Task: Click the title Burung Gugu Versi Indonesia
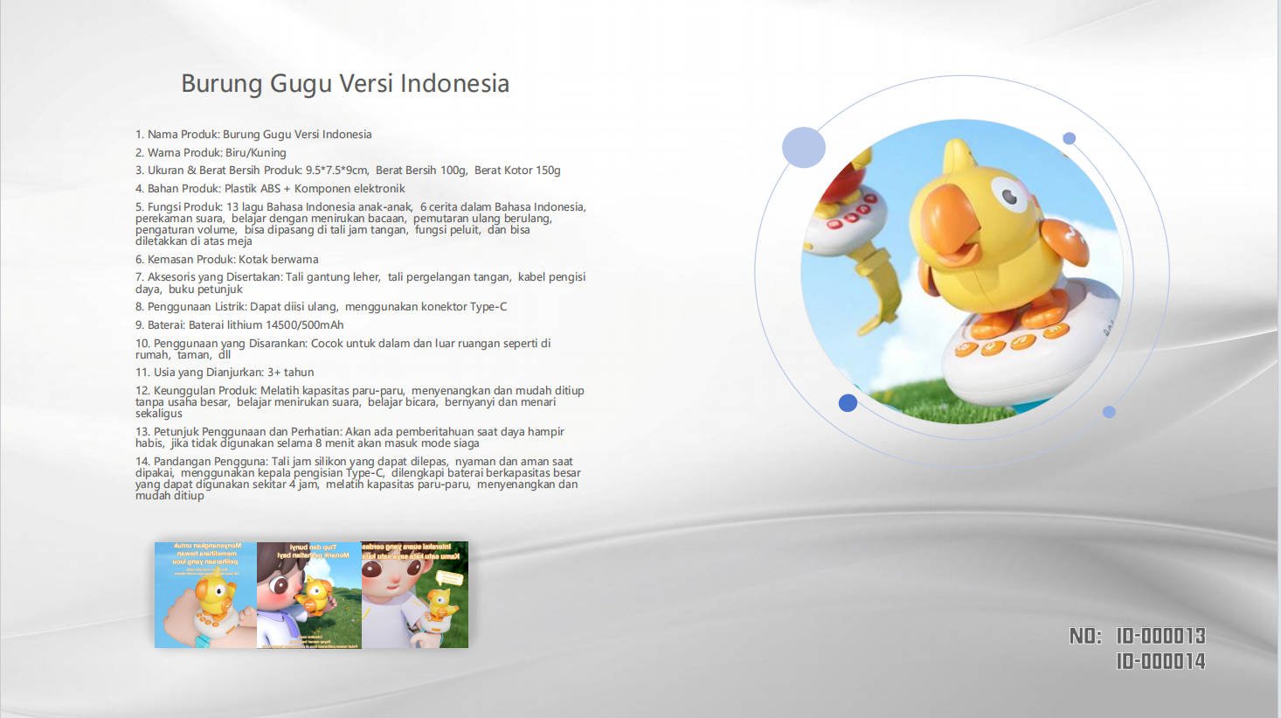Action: coord(345,84)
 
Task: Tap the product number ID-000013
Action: coord(1160,636)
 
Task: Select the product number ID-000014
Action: coord(1160,661)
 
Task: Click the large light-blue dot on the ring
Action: coord(804,147)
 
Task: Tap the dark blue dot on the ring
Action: coord(848,403)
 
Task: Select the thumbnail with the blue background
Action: coord(206,595)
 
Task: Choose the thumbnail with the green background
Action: coord(415,595)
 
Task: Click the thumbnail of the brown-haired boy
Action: coord(309,595)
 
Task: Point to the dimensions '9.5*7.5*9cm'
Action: coord(336,171)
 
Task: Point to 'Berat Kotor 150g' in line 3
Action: coord(517,171)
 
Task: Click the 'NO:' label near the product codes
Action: coord(1085,636)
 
